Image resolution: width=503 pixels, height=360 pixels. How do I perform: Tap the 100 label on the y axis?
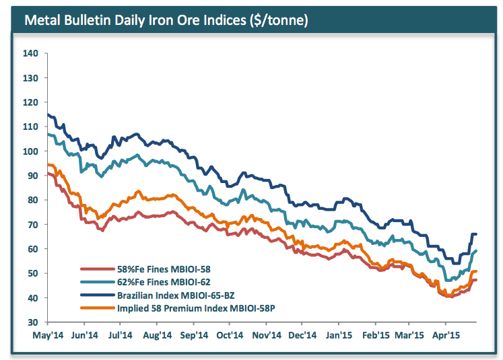pyautogui.click(x=30, y=151)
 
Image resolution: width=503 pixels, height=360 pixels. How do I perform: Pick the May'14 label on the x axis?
pyautogui.click(x=44, y=334)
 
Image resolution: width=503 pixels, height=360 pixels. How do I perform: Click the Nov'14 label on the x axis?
pyautogui.click(x=267, y=334)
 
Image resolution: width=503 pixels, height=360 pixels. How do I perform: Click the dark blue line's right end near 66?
pyautogui.click(x=476, y=234)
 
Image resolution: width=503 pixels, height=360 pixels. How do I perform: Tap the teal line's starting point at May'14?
pyautogui.click(x=46, y=134)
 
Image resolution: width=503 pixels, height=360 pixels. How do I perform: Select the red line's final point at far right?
pyautogui.click(x=476, y=280)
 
